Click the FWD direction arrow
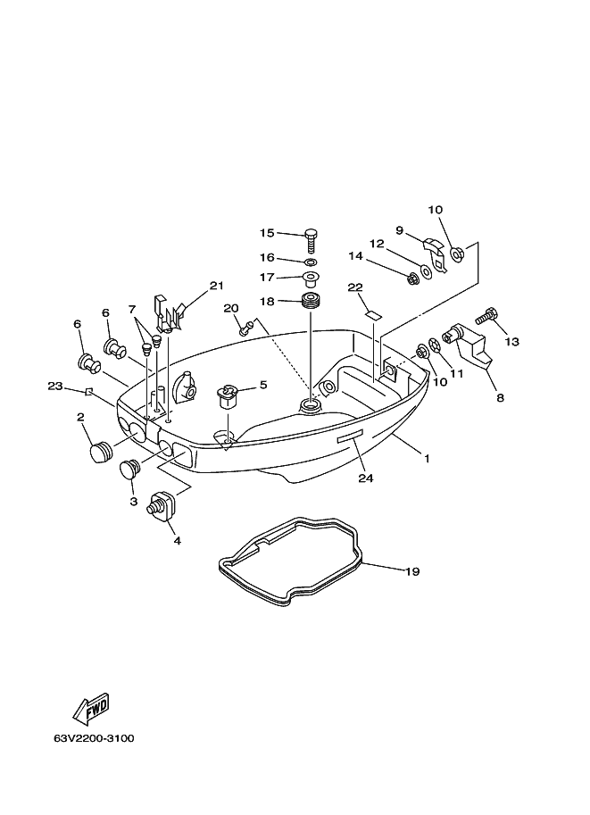90,708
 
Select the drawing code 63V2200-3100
94,738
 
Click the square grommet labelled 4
162,504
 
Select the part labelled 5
227,396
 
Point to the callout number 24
366,478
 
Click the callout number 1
427,459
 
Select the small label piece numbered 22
371,314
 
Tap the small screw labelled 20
245,327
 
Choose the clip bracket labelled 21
168,313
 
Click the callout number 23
55,387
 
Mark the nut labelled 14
413,279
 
